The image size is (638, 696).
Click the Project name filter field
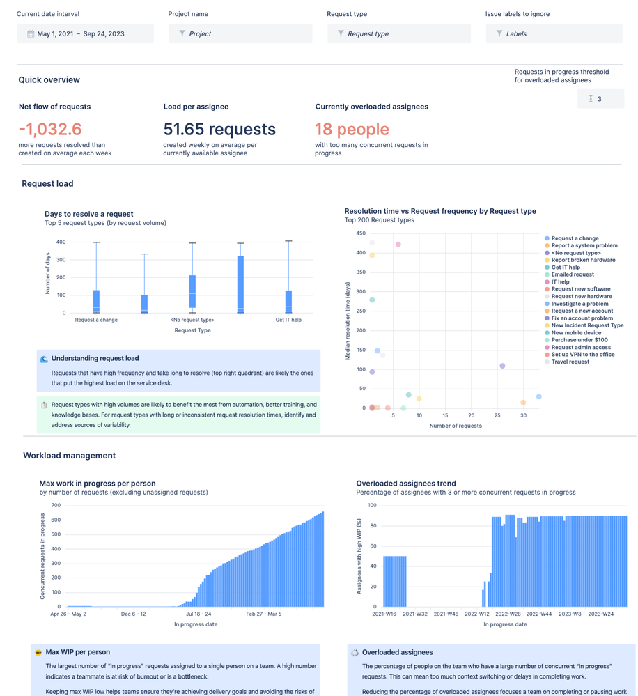coord(240,33)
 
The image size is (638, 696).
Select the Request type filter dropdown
coord(398,33)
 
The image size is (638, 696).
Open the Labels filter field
coord(554,33)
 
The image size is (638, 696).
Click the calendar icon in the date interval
coord(31,33)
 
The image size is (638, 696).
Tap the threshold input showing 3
coord(600,99)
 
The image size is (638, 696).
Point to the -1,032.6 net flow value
coord(50,130)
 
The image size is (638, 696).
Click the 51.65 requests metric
coord(219,130)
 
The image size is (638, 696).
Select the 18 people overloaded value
coord(352,130)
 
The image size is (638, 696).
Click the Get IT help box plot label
coord(288,320)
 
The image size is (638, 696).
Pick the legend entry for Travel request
coord(570,362)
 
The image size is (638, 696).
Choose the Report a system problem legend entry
coord(584,245)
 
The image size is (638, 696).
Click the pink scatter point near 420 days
coord(398,245)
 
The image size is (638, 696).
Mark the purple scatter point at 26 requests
coord(502,366)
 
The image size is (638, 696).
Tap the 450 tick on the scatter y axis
coord(361,233)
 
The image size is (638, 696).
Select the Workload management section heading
coord(70,456)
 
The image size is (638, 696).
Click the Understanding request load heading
coord(95,358)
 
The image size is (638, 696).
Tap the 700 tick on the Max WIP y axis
coord(56,505)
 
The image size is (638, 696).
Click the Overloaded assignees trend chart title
coord(406,483)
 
